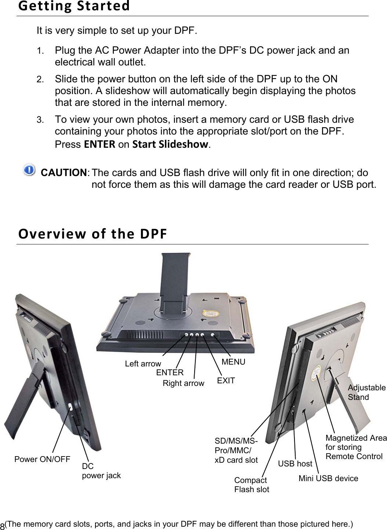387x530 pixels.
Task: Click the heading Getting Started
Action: (74, 6)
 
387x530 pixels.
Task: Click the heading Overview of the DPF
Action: (93, 233)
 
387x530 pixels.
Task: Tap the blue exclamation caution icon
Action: (29, 170)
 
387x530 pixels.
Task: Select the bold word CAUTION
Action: (64, 173)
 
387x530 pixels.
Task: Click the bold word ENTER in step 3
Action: (100, 144)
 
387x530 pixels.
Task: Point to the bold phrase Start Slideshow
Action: (170, 144)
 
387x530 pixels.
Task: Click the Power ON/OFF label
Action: (42, 459)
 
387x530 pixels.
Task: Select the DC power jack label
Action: (101, 471)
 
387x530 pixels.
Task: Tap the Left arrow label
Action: (143, 364)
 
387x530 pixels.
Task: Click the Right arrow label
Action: (183, 383)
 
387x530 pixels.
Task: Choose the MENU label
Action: (233, 362)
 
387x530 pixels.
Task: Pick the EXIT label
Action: (226, 380)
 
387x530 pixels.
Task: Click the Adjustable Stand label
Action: (366, 392)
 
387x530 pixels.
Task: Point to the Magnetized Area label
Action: (355, 447)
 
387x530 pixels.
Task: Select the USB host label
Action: (295, 463)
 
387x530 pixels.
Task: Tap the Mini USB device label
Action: (328, 478)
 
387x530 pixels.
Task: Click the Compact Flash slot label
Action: (252, 485)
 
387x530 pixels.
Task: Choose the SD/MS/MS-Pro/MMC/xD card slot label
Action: (236, 450)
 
